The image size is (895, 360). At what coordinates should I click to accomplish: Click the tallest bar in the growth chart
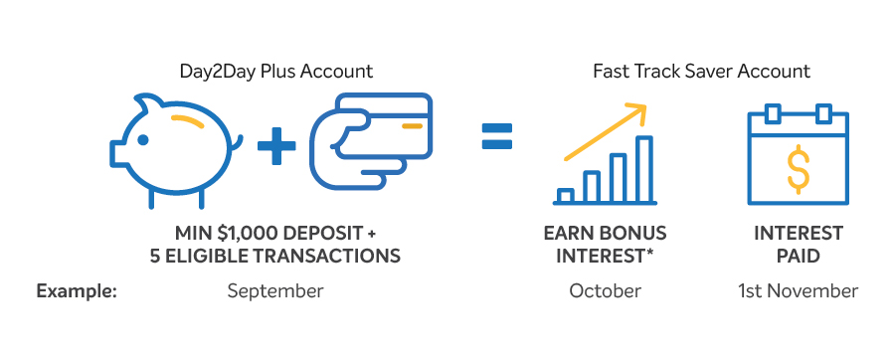coord(643,169)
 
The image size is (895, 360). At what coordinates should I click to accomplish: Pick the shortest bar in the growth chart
coord(566,195)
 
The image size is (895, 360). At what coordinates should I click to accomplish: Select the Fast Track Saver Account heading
coord(701,72)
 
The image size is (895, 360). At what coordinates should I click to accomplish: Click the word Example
coord(77,291)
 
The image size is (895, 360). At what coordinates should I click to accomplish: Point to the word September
coord(274,291)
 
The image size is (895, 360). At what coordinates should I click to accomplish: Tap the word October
coord(605,291)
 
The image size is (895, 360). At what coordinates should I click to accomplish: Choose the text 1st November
coord(798,291)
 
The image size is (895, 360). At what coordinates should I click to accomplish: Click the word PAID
coord(798,256)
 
